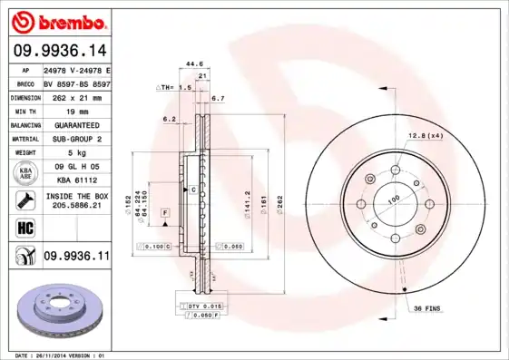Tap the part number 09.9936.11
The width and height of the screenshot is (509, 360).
(x=76, y=258)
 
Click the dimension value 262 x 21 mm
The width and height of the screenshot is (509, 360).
(x=75, y=95)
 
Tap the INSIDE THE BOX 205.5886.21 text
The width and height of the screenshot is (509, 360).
(x=75, y=201)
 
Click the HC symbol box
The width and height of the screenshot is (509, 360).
(x=24, y=228)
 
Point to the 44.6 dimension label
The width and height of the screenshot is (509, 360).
(x=192, y=63)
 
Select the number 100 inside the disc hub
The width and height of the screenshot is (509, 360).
(x=394, y=199)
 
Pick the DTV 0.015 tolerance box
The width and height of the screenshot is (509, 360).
(x=205, y=307)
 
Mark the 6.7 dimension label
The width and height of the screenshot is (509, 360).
(x=217, y=97)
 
